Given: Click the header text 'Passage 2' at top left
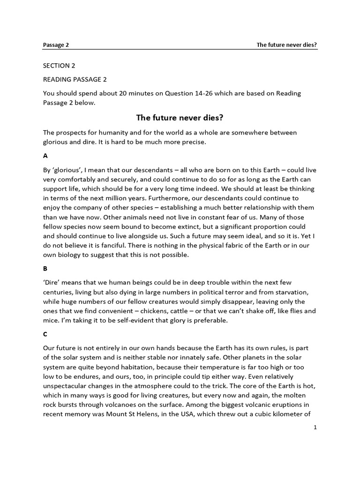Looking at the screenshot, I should pos(56,45).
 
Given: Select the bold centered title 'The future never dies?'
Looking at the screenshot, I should pos(180,118).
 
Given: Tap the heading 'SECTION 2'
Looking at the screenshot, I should pos(59,66).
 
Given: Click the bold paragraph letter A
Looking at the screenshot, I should pos(45,155).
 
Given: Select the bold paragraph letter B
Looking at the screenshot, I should pos(45,269).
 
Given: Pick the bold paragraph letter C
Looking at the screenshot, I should pos(45,335).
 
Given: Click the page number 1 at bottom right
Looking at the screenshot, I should pos(315,427).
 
